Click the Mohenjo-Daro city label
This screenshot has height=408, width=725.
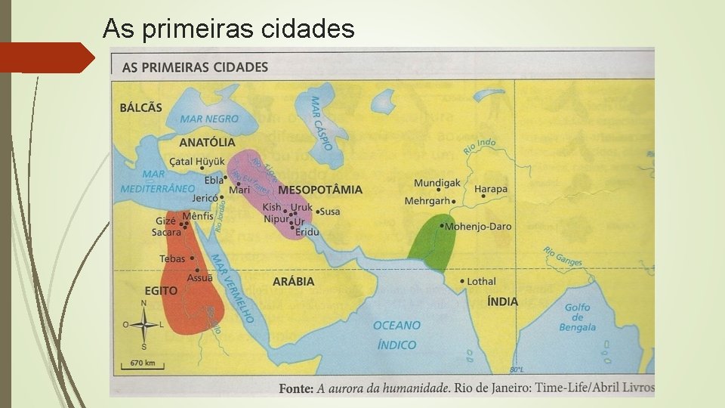point(479,226)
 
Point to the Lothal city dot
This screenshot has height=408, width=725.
point(461,281)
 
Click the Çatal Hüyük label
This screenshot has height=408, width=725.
point(197,161)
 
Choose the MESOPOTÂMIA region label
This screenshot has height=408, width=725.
point(319,190)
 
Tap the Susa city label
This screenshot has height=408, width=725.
point(330,212)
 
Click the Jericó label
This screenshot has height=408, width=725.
point(205,198)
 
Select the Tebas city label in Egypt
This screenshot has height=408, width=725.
point(172,258)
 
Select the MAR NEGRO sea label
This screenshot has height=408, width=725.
point(209,119)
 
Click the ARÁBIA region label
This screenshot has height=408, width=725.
point(293,282)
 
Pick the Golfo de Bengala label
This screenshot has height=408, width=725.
point(577,317)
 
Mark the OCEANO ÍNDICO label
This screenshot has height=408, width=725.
point(396,335)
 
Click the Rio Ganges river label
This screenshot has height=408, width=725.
point(563,257)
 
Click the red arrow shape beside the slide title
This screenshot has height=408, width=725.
point(45,57)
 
